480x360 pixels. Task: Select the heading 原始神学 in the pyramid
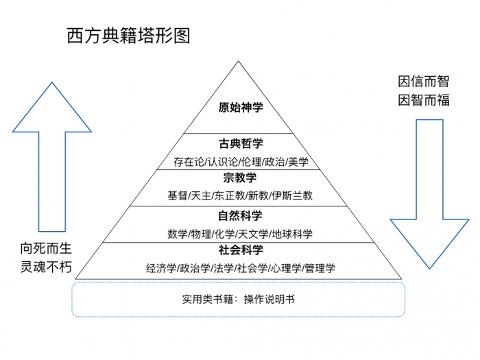pyautogui.click(x=241, y=107)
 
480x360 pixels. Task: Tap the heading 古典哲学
pyautogui.click(x=241, y=143)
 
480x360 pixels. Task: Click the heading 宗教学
pyautogui.click(x=240, y=178)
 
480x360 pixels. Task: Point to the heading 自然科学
pyautogui.click(x=240, y=215)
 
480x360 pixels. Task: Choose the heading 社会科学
pyautogui.click(x=240, y=250)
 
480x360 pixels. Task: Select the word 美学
pyautogui.click(x=298, y=163)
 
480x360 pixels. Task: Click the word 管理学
pyautogui.click(x=319, y=268)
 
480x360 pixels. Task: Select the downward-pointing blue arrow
pyautogui.click(x=429, y=192)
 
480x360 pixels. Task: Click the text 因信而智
pyautogui.click(x=424, y=82)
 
